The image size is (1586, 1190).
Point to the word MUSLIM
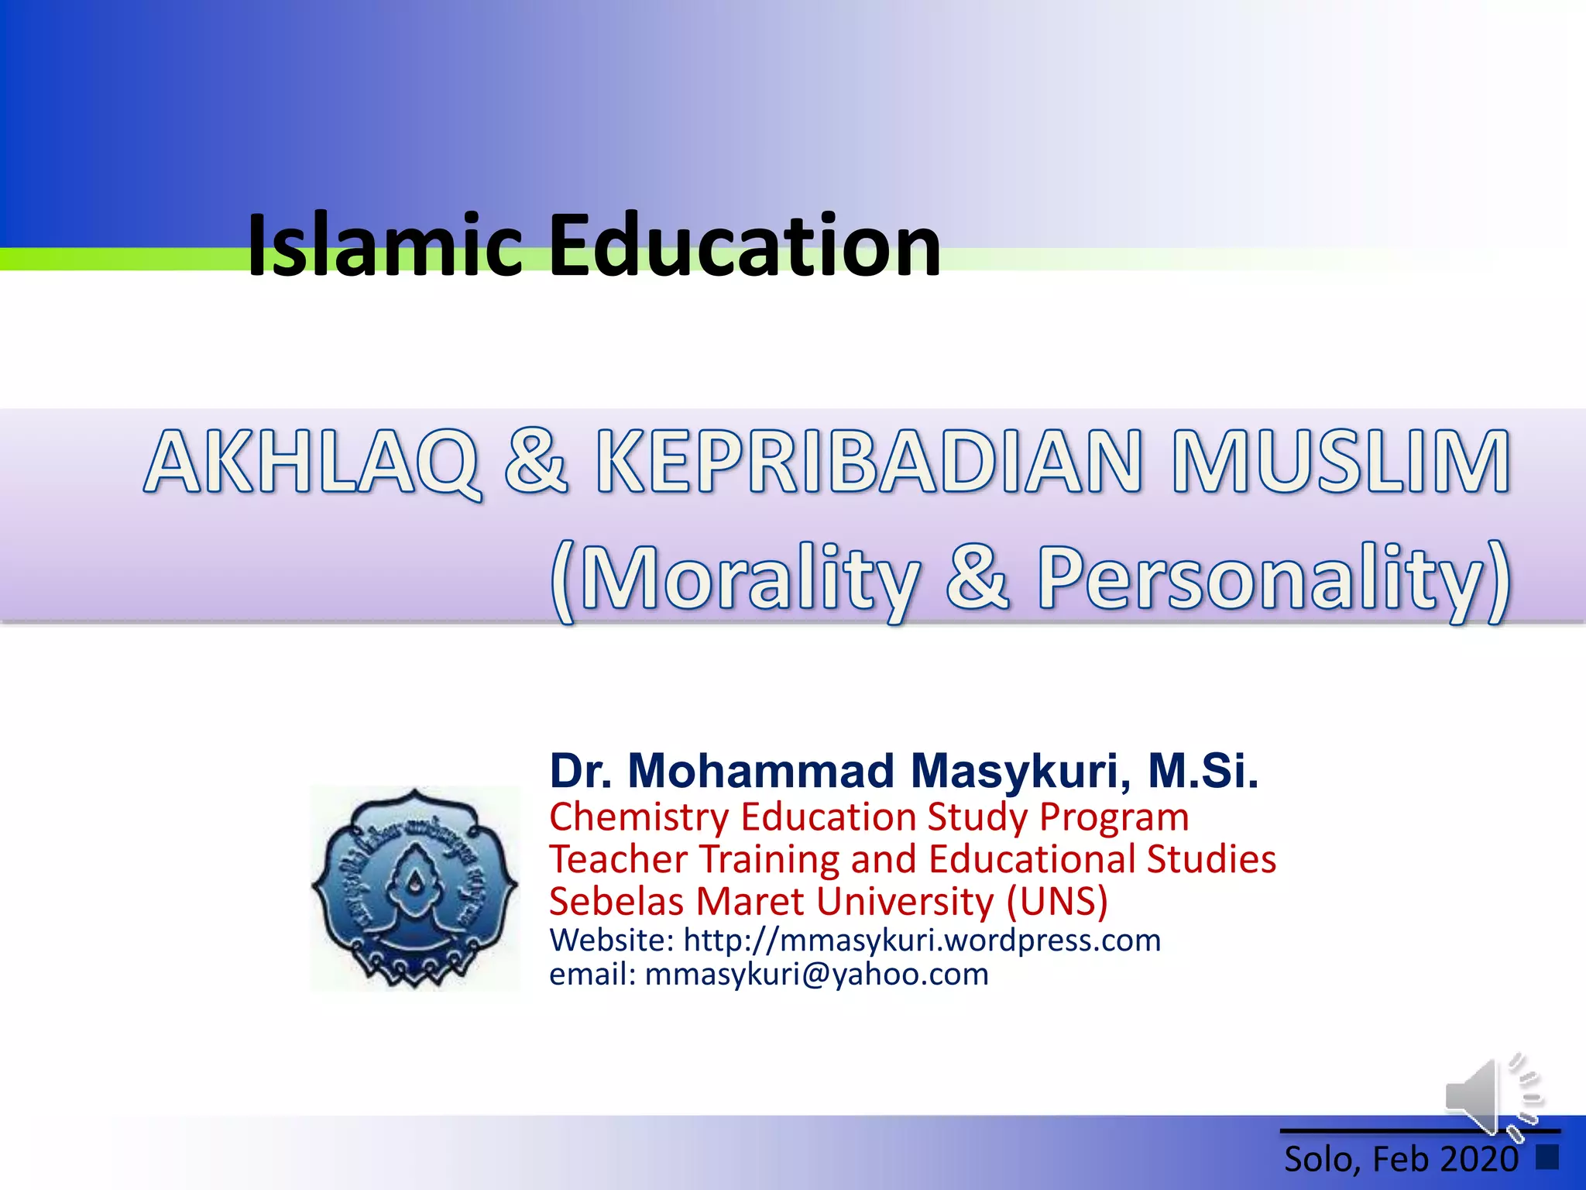click(x=1341, y=462)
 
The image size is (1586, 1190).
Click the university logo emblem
click(x=415, y=888)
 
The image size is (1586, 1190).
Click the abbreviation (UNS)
click(x=1057, y=902)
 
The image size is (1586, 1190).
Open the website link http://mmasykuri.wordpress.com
click(x=922, y=941)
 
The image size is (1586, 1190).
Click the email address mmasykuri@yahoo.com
click(x=816, y=975)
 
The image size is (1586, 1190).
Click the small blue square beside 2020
click(x=1547, y=1157)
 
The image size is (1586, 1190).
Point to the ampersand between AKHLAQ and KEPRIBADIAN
click(x=536, y=462)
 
